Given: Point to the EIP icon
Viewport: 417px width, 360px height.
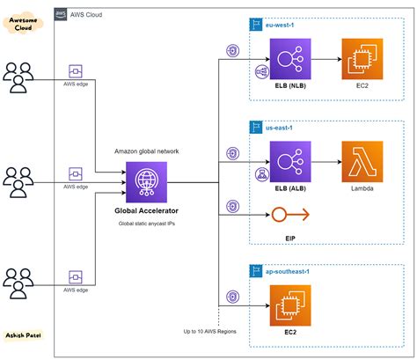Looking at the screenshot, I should tap(281, 215).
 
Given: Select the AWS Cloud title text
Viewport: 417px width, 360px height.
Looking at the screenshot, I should tap(91, 14).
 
